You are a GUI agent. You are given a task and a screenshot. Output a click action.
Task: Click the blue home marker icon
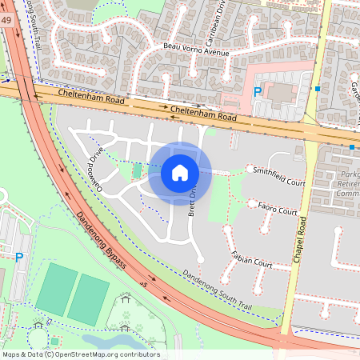[x=180, y=172]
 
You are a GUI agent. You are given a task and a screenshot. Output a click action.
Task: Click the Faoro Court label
[x=278, y=209]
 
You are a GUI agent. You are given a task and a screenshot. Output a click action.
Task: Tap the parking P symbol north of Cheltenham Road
[x=258, y=92]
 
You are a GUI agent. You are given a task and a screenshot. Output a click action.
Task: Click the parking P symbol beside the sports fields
[x=18, y=257]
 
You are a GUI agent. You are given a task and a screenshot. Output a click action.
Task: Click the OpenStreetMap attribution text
[x=80, y=354]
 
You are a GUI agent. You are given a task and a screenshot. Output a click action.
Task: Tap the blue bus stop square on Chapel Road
[x=318, y=88]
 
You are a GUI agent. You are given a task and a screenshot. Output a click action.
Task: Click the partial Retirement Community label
[x=346, y=183]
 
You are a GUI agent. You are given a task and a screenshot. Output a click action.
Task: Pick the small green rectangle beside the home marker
[x=136, y=171]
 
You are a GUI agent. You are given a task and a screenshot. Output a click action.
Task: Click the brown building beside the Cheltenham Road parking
[x=281, y=92]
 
